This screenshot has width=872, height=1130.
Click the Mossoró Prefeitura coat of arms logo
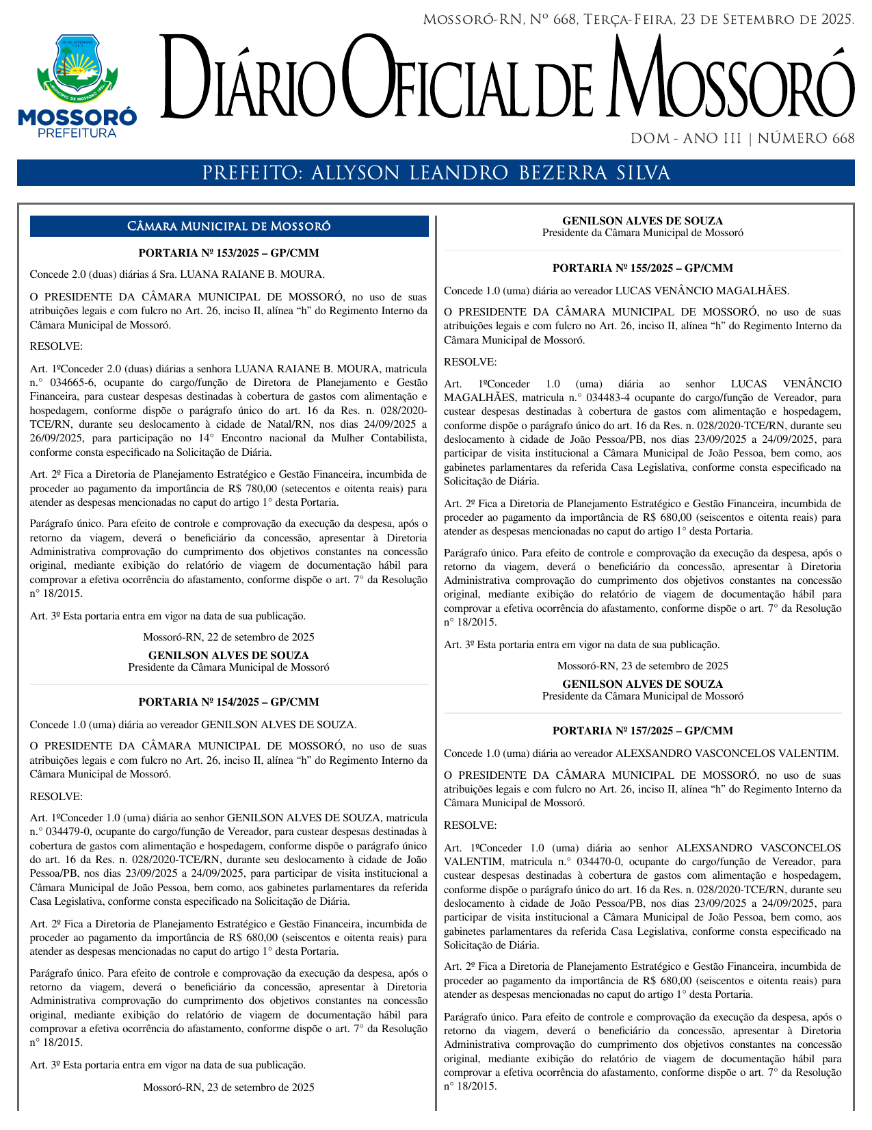coord(77,68)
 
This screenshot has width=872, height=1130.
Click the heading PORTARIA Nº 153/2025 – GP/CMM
coord(228,253)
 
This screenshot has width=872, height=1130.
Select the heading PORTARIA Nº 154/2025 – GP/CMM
coord(228,702)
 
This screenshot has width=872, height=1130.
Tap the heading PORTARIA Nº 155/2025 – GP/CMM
coord(642,268)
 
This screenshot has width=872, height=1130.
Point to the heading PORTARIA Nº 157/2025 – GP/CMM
coord(642,731)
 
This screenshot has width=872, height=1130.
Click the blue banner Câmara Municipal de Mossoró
coord(228,227)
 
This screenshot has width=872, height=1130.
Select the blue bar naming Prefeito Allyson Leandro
coord(436,173)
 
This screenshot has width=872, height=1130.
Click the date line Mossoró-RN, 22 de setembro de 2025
coord(228,637)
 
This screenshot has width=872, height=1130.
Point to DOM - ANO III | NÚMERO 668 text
coord(742,139)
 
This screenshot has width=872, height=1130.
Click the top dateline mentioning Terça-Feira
coord(638,20)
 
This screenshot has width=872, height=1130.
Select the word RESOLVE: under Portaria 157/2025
coord(471,825)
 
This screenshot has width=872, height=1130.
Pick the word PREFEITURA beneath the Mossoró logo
coord(77,133)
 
